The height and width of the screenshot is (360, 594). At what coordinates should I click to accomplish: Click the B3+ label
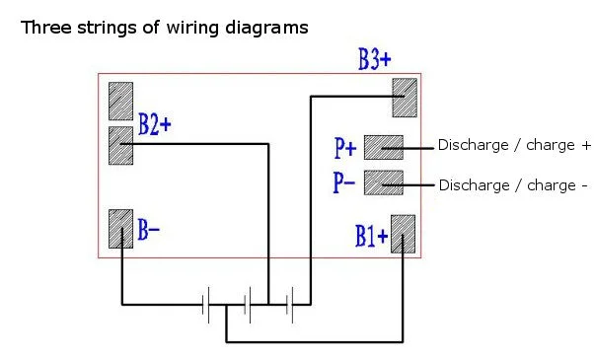pyautogui.click(x=374, y=59)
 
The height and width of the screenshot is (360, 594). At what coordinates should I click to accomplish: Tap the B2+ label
pyautogui.click(x=155, y=124)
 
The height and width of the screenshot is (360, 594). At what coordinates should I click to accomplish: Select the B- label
pyautogui.click(x=148, y=230)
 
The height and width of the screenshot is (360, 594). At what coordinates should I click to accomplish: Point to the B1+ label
pyautogui.click(x=372, y=236)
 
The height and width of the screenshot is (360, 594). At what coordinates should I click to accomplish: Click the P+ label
pyautogui.click(x=345, y=148)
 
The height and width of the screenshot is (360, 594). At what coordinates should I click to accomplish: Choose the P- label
pyautogui.click(x=344, y=182)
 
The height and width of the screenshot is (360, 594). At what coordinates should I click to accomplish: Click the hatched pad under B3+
pyautogui.click(x=405, y=98)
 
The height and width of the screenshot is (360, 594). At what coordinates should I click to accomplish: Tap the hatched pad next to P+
pyautogui.click(x=384, y=147)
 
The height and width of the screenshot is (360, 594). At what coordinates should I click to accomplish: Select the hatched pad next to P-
pyautogui.click(x=384, y=182)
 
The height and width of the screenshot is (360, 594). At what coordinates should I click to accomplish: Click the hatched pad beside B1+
pyautogui.click(x=403, y=234)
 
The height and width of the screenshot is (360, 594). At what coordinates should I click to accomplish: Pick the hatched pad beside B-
pyautogui.click(x=120, y=229)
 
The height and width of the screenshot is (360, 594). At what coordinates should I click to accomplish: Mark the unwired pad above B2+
pyautogui.click(x=120, y=101)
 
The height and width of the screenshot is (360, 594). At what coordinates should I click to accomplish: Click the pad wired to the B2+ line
pyautogui.click(x=120, y=146)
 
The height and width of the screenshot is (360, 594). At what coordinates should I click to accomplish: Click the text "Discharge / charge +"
pyautogui.click(x=514, y=145)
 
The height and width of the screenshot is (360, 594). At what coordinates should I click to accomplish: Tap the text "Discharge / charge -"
pyautogui.click(x=513, y=185)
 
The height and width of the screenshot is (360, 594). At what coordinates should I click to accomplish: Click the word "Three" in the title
pyautogui.click(x=46, y=28)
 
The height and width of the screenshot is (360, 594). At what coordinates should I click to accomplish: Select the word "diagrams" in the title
pyautogui.click(x=266, y=29)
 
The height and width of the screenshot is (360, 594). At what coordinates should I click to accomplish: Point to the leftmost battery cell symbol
pyautogui.click(x=205, y=305)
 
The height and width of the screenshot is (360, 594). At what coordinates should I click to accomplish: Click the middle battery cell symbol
pyautogui.click(x=248, y=305)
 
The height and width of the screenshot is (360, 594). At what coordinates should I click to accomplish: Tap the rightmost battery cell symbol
pyautogui.click(x=290, y=305)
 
